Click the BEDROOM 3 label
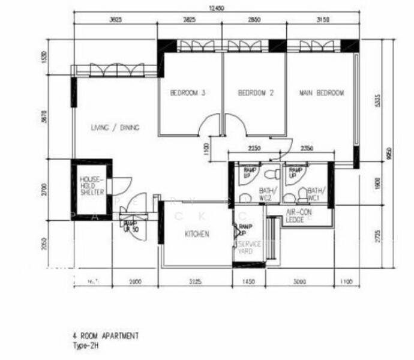(x=188, y=93)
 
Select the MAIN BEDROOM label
(x=322, y=93)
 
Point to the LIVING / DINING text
(x=115, y=128)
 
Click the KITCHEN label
(x=196, y=234)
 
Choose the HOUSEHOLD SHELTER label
(x=92, y=186)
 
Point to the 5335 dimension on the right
(x=377, y=99)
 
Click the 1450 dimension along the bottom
(x=248, y=281)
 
